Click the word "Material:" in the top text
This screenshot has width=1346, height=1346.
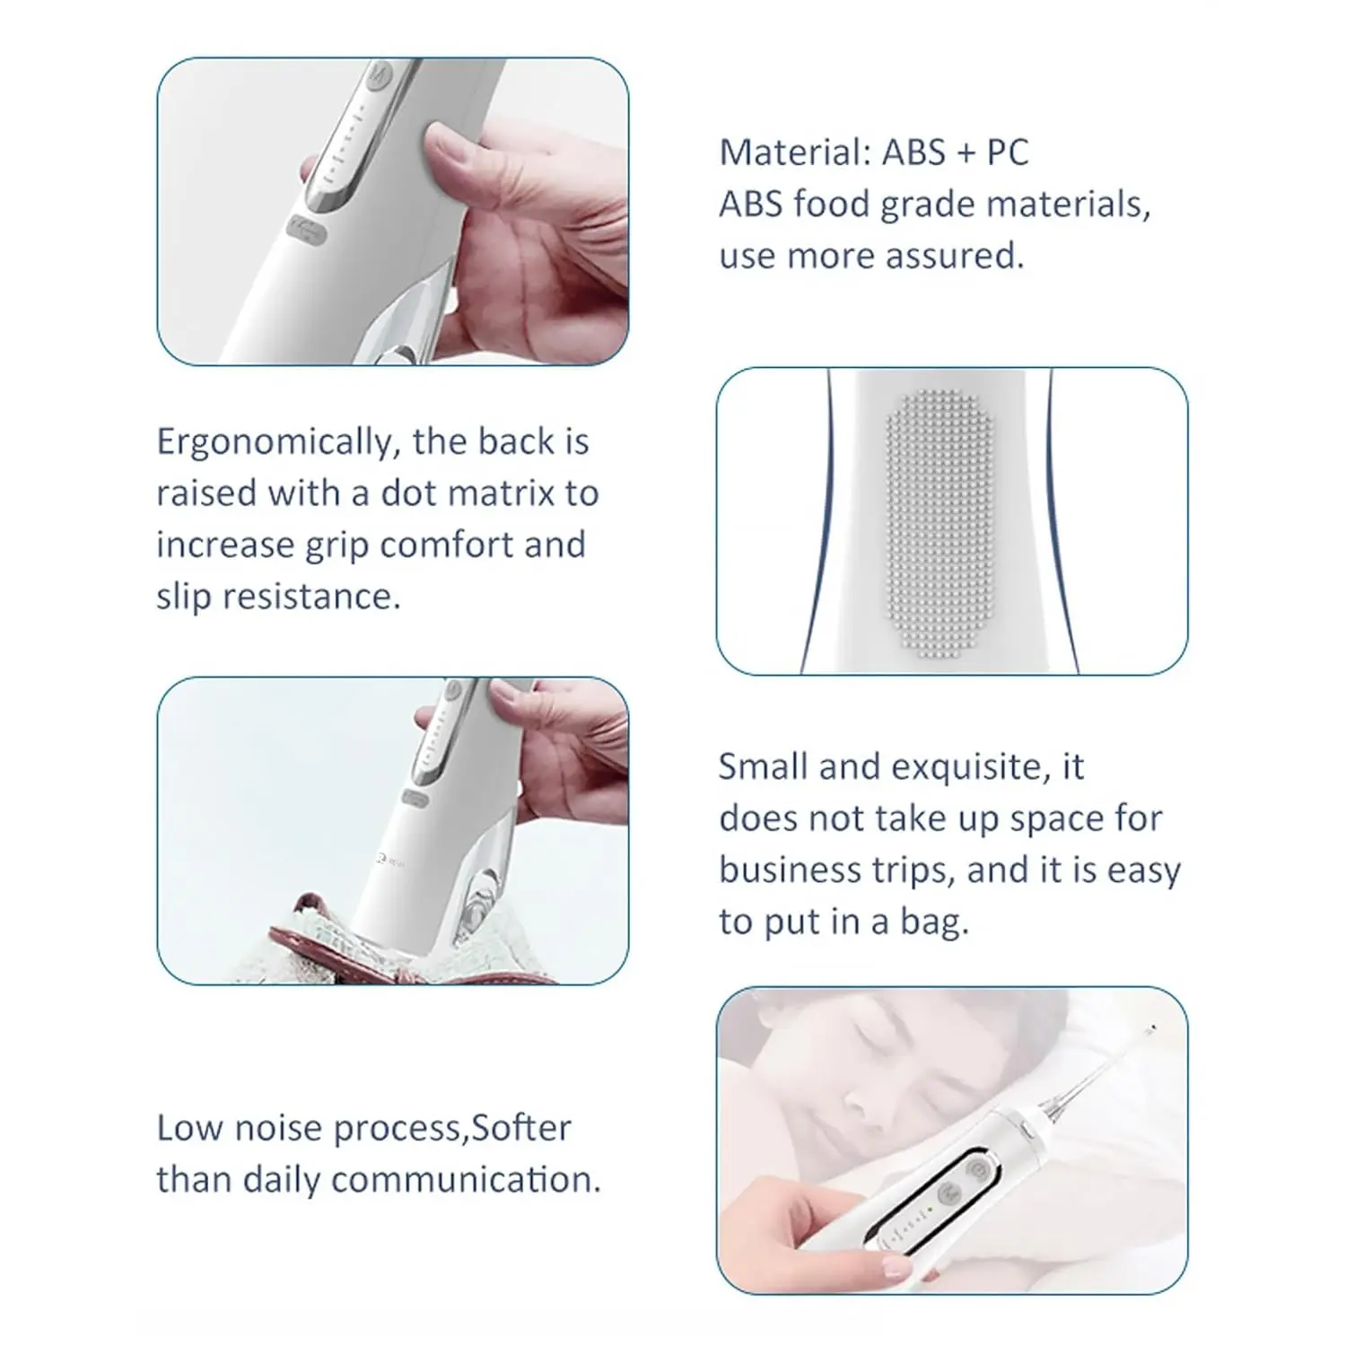click(795, 153)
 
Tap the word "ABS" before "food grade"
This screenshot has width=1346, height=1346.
click(750, 204)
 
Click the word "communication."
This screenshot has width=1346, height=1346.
click(466, 1180)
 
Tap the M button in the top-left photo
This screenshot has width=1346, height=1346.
click(380, 73)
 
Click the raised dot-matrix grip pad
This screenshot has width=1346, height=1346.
click(941, 520)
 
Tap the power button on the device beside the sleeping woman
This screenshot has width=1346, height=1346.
click(975, 1170)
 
